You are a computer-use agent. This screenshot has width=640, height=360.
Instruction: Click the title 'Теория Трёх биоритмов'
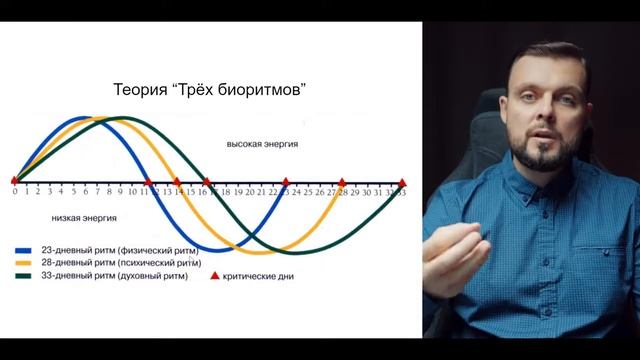point(209,91)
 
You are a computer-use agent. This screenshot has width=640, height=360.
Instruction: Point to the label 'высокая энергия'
point(262,144)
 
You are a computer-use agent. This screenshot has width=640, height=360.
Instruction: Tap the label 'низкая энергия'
point(83,215)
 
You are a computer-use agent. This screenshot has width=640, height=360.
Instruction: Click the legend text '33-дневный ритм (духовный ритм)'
point(109,273)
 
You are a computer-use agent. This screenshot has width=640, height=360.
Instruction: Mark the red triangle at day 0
point(14,181)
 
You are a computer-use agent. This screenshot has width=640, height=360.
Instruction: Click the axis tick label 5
point(73,191)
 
